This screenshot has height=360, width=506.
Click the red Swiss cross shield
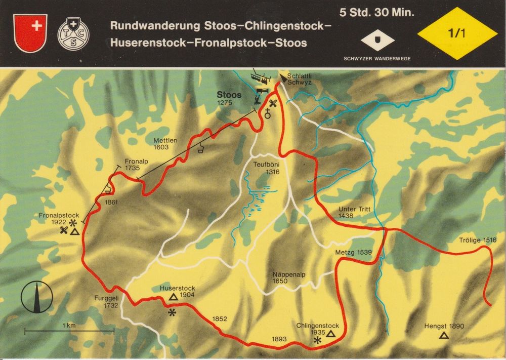pyautogui.click(x=31, y=32)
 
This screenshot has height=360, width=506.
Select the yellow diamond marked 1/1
pyautogui.click(x=456, y=34)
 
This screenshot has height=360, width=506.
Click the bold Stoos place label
pyautogui.click(x=229, y=95)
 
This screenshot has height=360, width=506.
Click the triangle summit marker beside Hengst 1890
pyautogui.click(x=444, y=335)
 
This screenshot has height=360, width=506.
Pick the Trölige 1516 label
pyautogui.click(x=478, y=240)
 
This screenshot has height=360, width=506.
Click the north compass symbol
pyautogui.click(x=37, y=297)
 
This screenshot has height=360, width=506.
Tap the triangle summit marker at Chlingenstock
pyautogui.click(x=331, y=333)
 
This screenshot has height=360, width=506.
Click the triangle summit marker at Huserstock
pyautogui.click(x=173, y=297)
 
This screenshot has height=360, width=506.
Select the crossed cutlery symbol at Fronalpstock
pyautogui.click(x=63, y=230)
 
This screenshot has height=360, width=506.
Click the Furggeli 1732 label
pyautogui.click(x=106, y=302)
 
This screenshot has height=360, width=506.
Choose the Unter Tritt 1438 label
pyautogui.click(x=353, y=212)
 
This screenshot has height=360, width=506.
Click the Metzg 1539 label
pyautogui.click(x=354, y=252)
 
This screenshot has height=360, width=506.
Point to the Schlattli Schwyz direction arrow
pyautogui.click(x=281, y=77)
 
